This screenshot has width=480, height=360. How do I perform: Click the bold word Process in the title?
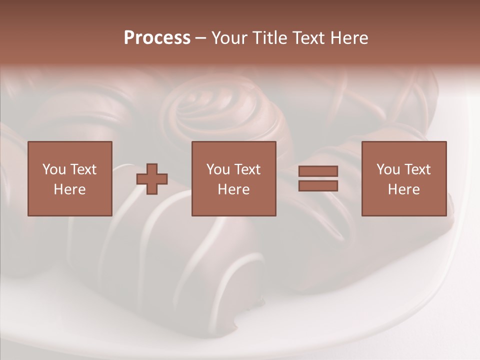point(157,37)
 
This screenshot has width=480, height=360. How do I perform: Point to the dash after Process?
point(201,38)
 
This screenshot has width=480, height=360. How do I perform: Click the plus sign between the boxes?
point(152,178)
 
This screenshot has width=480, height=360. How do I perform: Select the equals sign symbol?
point(318,178)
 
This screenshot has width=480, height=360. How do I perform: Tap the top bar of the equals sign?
point(318,171)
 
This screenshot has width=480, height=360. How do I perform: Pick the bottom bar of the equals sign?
point(318,185)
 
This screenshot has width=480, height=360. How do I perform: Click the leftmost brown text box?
point(70,178)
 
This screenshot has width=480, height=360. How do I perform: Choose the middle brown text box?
point(234,178)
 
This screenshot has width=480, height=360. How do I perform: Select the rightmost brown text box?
point(404,178)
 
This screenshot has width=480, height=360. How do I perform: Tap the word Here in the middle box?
point(234,189)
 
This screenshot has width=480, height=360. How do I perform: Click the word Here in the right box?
point(404,189)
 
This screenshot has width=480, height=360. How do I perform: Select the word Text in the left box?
point(83,169)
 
